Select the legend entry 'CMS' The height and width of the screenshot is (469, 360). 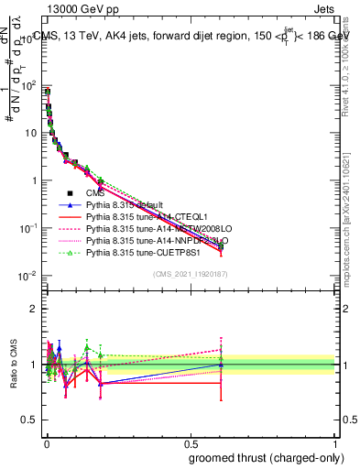coord(95,193)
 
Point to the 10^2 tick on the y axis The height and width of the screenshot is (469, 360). coord(27,86)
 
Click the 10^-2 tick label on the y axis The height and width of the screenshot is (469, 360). coord(27,276)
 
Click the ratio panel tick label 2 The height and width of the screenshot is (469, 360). coord(34,309)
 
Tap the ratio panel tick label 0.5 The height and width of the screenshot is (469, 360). coord(29,393)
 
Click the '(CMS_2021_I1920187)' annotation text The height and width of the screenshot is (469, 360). coord(189,274)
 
